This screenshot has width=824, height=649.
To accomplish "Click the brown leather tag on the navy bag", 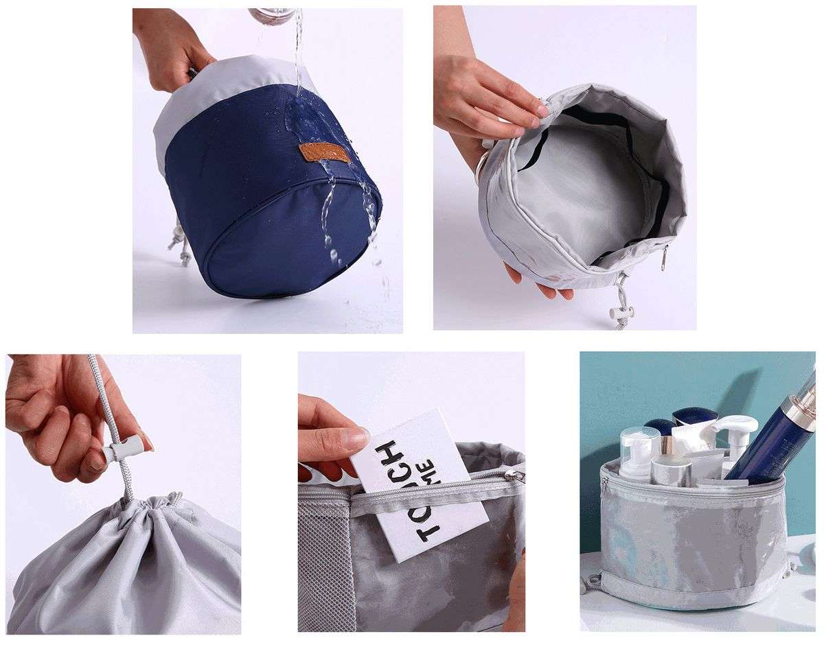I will pos(324,152).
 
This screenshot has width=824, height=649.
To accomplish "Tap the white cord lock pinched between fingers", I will pos(123,449).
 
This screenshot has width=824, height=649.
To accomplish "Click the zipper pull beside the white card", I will pos(512,475).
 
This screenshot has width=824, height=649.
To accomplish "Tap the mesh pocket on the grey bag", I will pos(323,549).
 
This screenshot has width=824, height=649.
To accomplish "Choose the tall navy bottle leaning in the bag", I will pos(769,439).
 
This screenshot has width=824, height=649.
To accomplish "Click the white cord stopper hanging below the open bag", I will pos(621,313).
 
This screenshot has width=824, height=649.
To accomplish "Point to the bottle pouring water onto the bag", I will pos(271,15).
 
